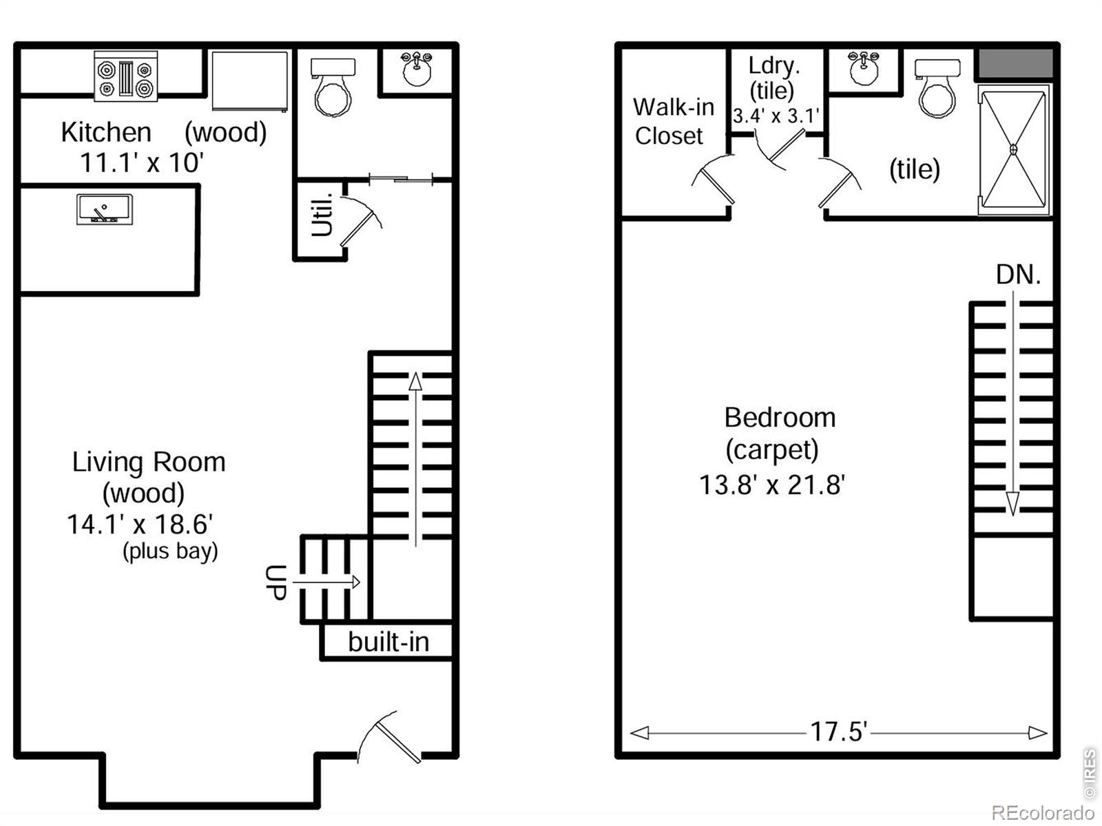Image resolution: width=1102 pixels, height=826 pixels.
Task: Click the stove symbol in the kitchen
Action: coord(125,76)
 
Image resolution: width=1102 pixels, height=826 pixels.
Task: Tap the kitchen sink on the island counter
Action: coord(104,209)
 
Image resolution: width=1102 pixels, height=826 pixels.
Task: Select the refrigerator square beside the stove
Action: coord(249,80)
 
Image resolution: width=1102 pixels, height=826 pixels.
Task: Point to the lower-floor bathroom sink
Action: coord(417,69)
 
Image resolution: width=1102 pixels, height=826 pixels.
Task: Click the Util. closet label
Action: coord(322,215)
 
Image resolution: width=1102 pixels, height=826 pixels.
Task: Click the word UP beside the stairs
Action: coord(276,582)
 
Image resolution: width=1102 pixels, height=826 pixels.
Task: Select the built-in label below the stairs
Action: coord(388,642)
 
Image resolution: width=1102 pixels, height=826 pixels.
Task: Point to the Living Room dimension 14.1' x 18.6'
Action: coord(140,525)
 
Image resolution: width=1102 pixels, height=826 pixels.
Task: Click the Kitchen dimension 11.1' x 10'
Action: coord(142,163)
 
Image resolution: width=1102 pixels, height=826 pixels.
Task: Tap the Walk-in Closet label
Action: coord(673,122)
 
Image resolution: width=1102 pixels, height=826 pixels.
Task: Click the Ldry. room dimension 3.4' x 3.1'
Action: coord(776,116)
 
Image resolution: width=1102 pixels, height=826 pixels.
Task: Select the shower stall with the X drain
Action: coord(1013,149)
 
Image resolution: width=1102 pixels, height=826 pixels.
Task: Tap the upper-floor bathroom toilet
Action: coord(937,88)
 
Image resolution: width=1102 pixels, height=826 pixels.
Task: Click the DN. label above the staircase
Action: coord(1018,275)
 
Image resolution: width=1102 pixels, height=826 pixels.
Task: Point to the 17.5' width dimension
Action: coord(838,732)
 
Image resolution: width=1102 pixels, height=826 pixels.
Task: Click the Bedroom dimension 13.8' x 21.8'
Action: coord(772,485)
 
